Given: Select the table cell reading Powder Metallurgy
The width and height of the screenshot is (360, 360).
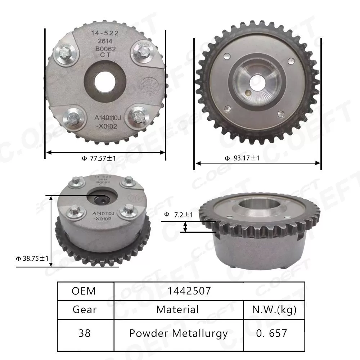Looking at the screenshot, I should coord(179,333).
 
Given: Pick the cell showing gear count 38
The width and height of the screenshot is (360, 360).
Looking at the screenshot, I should coord(85,333).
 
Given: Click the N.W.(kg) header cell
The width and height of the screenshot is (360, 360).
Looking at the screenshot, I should coord(274,310).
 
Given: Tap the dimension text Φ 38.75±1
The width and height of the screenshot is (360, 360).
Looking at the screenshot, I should coord(32,258).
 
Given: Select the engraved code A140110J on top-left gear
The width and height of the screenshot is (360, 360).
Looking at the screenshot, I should coord(109,117).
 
